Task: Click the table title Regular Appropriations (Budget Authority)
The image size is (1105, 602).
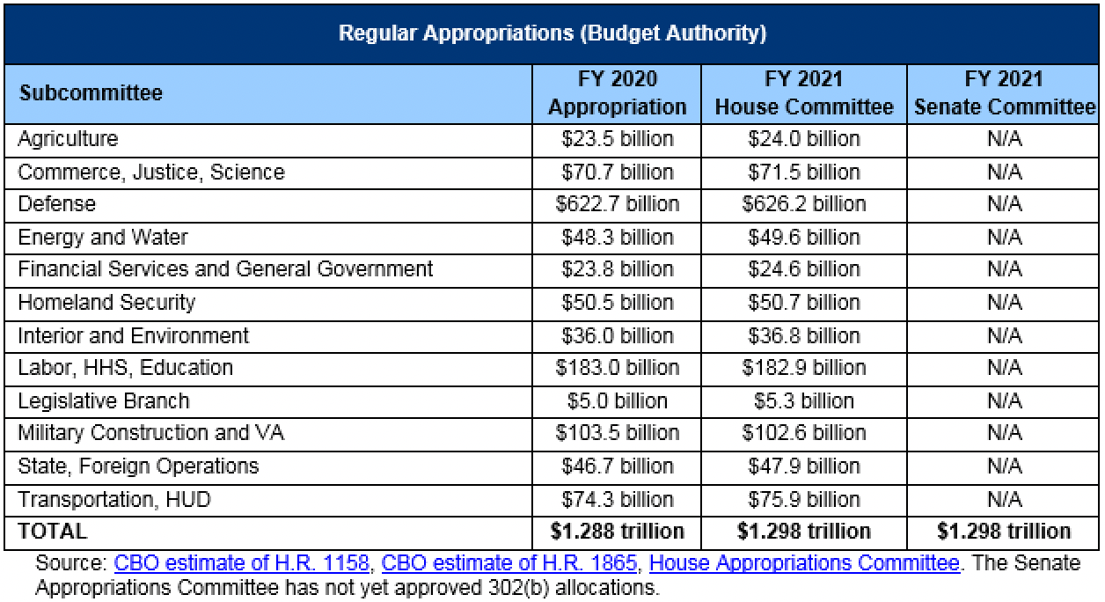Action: pos(552,34)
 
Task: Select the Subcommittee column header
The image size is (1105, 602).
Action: pos(90,93)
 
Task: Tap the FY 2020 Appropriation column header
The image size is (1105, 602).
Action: pos(617,93)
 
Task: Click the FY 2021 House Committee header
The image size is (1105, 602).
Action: pos(803,93)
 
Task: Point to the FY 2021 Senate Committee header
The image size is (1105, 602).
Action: pos(1004,93)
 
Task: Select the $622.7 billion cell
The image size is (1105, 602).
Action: pos(617,204)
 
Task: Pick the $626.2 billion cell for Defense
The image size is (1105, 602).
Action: pos(803,204)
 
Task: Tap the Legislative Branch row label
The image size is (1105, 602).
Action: pos(104,401)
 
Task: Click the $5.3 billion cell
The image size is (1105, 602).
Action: pos(803,401)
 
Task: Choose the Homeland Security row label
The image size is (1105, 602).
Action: pos(106,303)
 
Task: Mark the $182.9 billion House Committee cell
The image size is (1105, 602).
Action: pos(803,368)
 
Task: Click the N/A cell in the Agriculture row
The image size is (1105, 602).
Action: pos(1004,139)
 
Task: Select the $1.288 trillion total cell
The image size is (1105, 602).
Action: pos(617,532)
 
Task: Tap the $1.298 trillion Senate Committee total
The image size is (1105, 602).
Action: pos(1004,532)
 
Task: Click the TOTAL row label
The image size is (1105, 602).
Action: pos(52,532)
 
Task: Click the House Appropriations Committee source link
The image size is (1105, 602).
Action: pos(803,563)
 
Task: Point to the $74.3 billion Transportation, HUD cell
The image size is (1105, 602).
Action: pos(617,500)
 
